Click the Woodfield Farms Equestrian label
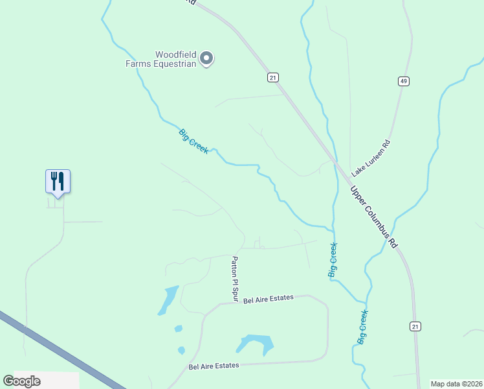click(x=161, y=59)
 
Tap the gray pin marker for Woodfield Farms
click(x=206, y=59)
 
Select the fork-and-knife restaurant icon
click(x=58, y=181)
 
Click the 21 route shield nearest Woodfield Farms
click(x=272, y=77)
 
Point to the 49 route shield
click(x=403, y=81)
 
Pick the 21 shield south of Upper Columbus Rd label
click(x=415, y=326)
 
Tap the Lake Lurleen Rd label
click(x=371, y=159)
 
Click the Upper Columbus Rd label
click(x=374, y=218)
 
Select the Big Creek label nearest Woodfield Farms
click(x=193, y=141)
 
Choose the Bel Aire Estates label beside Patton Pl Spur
click(x=269, y=298)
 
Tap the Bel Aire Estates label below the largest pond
click(x=214, y=366)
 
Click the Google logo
click(x=21, y=381)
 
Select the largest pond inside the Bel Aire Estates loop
click(x=255, y=342)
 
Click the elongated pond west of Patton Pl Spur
click(x=168, y=300)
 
